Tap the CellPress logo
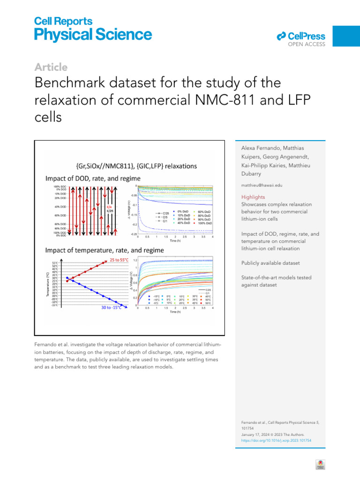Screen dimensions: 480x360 point(300,36)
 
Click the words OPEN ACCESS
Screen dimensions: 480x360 point(307,45)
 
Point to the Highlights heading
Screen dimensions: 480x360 point(253,197)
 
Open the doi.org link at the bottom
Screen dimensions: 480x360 point(276,441)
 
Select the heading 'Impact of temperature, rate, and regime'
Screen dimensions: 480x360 point(105,250)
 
